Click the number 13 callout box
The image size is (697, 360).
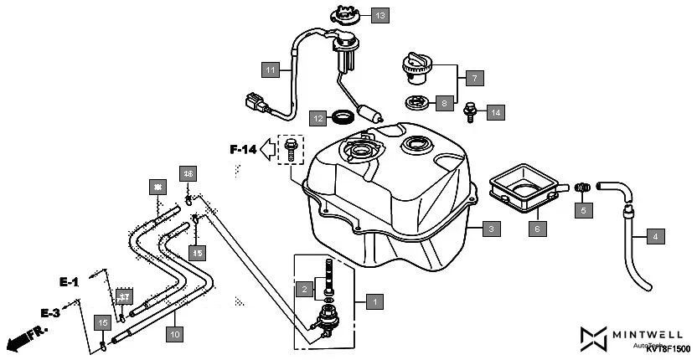coord(380,16)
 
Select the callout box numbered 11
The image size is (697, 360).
coord(270,70)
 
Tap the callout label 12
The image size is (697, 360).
coord(318,119)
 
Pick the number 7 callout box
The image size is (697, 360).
coord(473,78)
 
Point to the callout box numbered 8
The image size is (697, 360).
coord(445,104)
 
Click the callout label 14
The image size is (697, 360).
coord(495,111)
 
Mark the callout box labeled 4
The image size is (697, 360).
coord(655,238)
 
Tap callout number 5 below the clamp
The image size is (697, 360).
coord(585,211)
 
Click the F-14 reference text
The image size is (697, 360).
coord(243,151)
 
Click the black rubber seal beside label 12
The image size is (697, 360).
coord(343,116)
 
